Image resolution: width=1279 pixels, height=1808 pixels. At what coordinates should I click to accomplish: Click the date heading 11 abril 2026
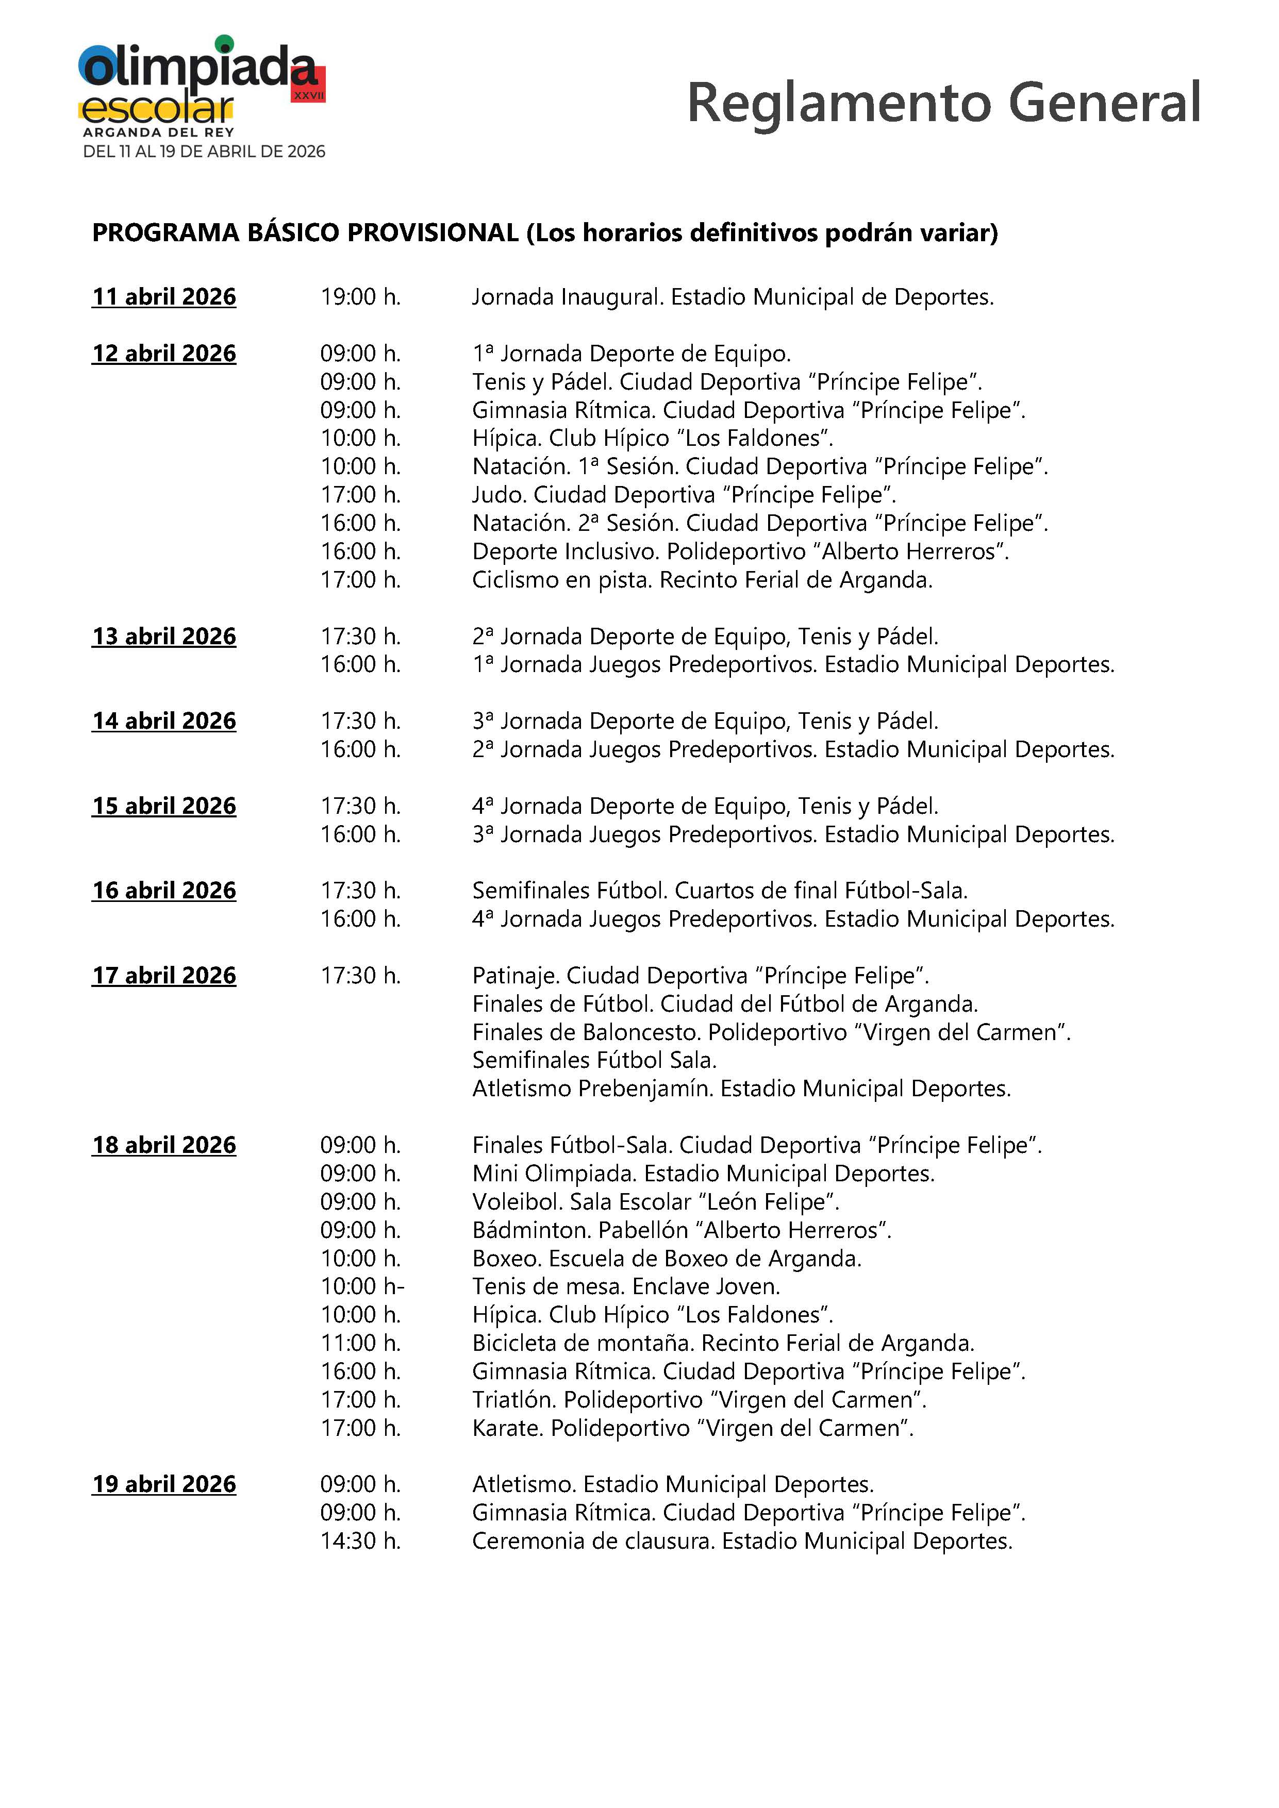click(164, 297)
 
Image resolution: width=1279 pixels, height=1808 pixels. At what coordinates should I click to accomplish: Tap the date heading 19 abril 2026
click(164, 1484)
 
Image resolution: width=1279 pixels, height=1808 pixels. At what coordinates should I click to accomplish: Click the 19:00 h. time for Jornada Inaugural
click(360, 297)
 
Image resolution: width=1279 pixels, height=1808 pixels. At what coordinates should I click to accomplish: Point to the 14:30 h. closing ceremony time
click(360, 1541)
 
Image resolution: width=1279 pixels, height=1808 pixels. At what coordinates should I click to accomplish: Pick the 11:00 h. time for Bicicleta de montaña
click(360, 1343)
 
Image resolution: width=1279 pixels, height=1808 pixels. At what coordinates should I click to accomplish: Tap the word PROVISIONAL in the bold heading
click(433, 233)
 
